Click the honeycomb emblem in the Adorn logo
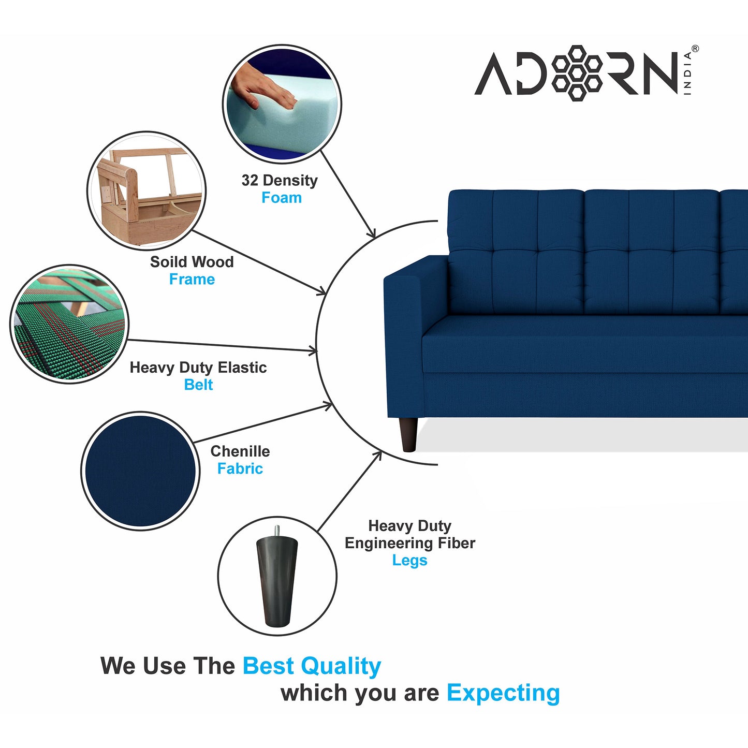pyautogui.click(x=577, y=73)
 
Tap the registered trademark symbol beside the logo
pyautogui.click(x=695, y=49)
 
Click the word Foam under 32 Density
pyautogui.click(x=282, y=198)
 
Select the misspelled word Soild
pyautogui.click(x=167, y=261)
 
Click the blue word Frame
pyautogui.click(x=192, y=279)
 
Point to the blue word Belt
pyautogui.click(x=198, y=385)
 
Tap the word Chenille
pyautogui.click(x=240, y=451)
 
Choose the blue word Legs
pyautogui.click(x=409, y=561)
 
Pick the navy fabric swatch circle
pyautogui.click(x=140, y=471)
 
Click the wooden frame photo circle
pyautogui.click(x=146, y=190)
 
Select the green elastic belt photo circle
pyautogui.click(x=69, y=324)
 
